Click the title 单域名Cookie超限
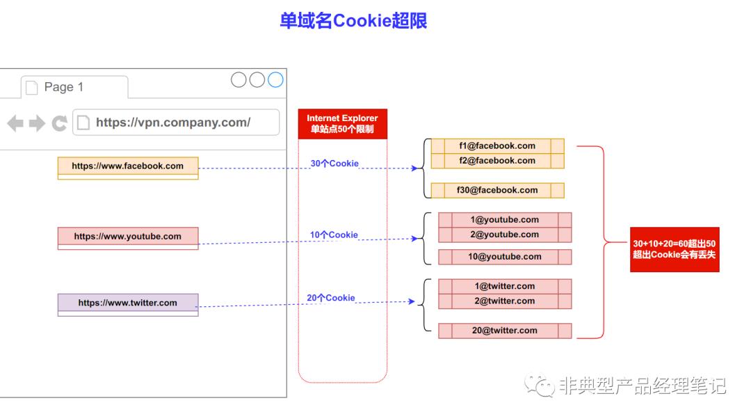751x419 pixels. (x=353, y=21)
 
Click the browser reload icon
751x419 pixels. (x=59, y=124)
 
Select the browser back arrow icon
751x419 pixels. (x=15, y=124)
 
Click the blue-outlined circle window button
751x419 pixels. (x=275, y=80)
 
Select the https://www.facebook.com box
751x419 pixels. (x=128, y=166)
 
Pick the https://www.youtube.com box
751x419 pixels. (x=128, y=237)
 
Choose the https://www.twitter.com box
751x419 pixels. (x=128, y=303)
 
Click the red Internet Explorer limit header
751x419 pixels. (x=342, y=124)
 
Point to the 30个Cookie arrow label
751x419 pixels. (x=334, y=164)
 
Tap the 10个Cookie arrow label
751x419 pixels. (x=334, y=235)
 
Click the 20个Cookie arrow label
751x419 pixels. (x=331, y=298)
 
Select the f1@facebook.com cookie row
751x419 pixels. (x=497, y=146)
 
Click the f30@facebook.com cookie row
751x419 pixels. (x=497, y=190)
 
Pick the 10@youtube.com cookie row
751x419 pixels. (x=505, y=257)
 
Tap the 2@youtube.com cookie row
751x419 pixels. (x=505, y=235)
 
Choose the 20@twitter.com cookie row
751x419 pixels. (x=505, y=331)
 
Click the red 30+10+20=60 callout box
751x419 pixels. (x=675, y=249)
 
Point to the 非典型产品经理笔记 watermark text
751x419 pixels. (x=642, y=386)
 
